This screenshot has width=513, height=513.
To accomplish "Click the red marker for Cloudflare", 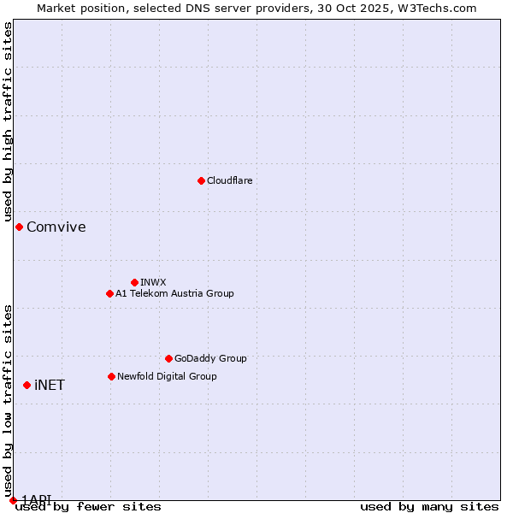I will coord(201,180).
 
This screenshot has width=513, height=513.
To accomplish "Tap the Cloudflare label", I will coord(230,181).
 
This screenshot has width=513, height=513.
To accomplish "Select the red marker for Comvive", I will coord(19,227).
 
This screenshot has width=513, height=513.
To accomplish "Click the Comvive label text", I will coord(56,227).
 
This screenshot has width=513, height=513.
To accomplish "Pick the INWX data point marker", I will coord(134,282).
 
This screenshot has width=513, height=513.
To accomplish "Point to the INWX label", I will coord(154,283).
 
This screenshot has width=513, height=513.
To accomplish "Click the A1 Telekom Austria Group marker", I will coord(109,293).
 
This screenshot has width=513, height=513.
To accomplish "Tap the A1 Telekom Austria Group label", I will coord(175,294).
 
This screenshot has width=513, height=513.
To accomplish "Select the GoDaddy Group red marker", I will coord(168,358).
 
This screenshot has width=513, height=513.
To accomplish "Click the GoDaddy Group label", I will coord(210,359).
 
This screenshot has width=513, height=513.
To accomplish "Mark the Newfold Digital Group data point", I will coord(111,376).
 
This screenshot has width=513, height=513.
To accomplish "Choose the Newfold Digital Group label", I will coord(168,377).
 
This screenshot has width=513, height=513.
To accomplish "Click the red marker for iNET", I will coord(27,385).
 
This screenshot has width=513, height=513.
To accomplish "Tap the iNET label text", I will coord(50,386).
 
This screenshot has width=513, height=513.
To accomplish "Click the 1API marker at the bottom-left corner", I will coord(13,500).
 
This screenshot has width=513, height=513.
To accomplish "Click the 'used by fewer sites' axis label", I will coord(88,507).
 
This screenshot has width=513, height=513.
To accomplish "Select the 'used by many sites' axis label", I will coord(429,507).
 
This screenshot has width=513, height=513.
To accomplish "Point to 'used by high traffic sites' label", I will coord(8,122).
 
